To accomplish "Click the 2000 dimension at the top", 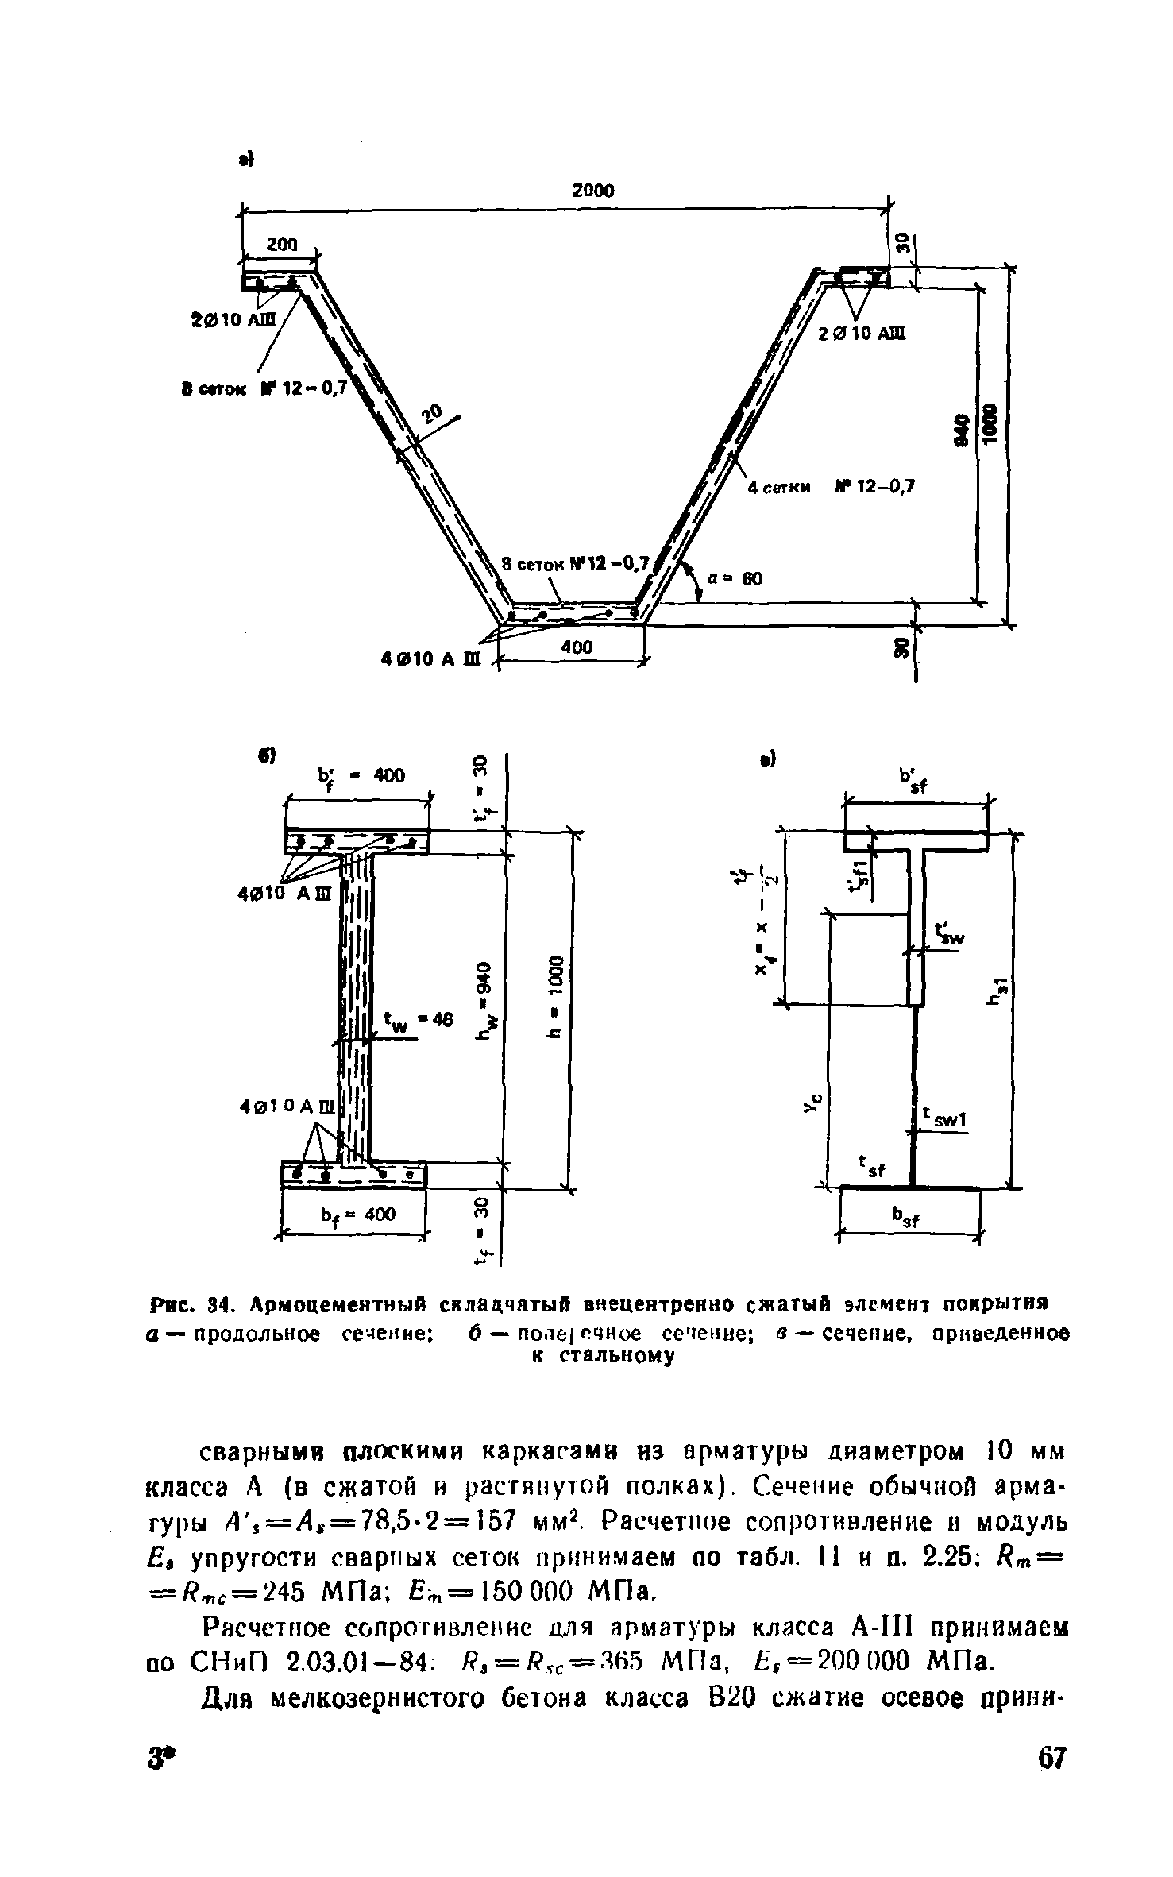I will (x=593, y=191).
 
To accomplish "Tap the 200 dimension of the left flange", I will (x=281, y=245).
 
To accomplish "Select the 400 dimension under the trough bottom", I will (x=577, y=647).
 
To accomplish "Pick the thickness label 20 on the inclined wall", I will (x=431, y=414).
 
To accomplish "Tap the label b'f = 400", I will (x=361, y=775).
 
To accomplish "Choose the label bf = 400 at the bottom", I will (x=357, y=1215).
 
